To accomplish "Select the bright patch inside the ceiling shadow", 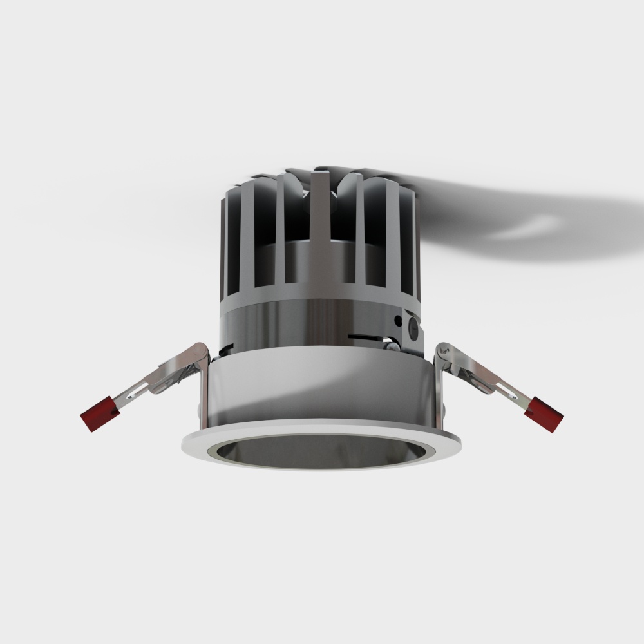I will (x=528, y=229).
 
